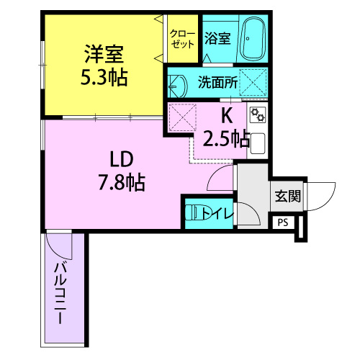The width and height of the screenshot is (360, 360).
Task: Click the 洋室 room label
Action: [x=104, y=54]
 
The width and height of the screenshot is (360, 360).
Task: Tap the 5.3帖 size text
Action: [x=104, y=77]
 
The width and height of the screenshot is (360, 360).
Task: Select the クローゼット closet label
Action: [x=182, y=39]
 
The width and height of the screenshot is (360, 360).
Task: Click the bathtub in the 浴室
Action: [x=253, y=39]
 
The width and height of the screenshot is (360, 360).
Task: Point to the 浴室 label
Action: [x=217, y=38]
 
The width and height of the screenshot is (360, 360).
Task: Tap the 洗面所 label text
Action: [x=217, y=82]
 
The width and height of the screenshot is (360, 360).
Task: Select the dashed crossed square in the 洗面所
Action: [x=253, y=83]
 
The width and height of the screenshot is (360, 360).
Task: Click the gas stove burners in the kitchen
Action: [x=258, y=114]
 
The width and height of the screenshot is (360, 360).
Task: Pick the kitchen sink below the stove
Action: [x=258, y=143]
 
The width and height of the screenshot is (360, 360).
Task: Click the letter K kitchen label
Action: [x=227, y=116]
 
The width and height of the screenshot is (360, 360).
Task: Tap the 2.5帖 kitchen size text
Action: [x=227, y=139]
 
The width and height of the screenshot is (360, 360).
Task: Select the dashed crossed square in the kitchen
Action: [x=182, y=117]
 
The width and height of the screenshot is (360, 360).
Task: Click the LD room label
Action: [x=122, y=159]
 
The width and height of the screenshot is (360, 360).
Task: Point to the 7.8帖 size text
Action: [x=122, y=182]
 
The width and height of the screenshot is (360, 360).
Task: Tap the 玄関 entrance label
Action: [x=288, y=196]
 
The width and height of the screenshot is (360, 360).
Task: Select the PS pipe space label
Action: [x=283, y=222]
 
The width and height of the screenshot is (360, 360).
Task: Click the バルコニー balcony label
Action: [x=60, y=293]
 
